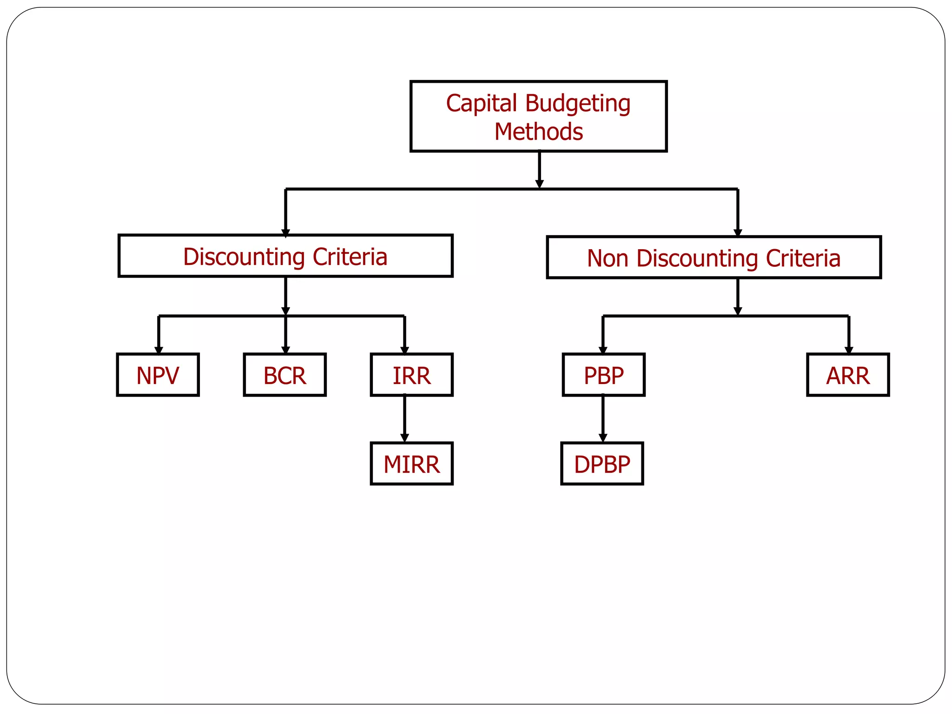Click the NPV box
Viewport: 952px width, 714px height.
click(x=158, y=375)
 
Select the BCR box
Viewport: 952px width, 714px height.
click(x=284, y=375)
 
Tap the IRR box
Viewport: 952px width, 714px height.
click(x=411, y=375)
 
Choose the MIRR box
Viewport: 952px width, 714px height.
click(x=411, y=463)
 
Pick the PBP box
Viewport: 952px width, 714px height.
click(x=603, y=375)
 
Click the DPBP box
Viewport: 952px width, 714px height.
click(x=602, y=463)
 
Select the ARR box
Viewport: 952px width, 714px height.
click(x=847, y=375)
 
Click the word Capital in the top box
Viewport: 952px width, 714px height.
click(x=481, y=103)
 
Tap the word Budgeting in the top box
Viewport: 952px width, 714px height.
click(x=578, y=103)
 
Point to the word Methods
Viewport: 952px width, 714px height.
click(x=538, y=132)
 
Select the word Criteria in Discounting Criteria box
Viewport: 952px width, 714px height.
click(x=350, y=257)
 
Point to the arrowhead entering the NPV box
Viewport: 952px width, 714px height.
click(x=159, y=350)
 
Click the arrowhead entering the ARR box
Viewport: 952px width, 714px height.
click(x=849, y=350)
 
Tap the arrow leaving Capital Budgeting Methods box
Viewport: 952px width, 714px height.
click(x=539, y=169)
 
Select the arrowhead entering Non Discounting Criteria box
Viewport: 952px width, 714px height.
click(x=738, y=232)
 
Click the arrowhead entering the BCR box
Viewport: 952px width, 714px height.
click(x=285, y=350)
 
